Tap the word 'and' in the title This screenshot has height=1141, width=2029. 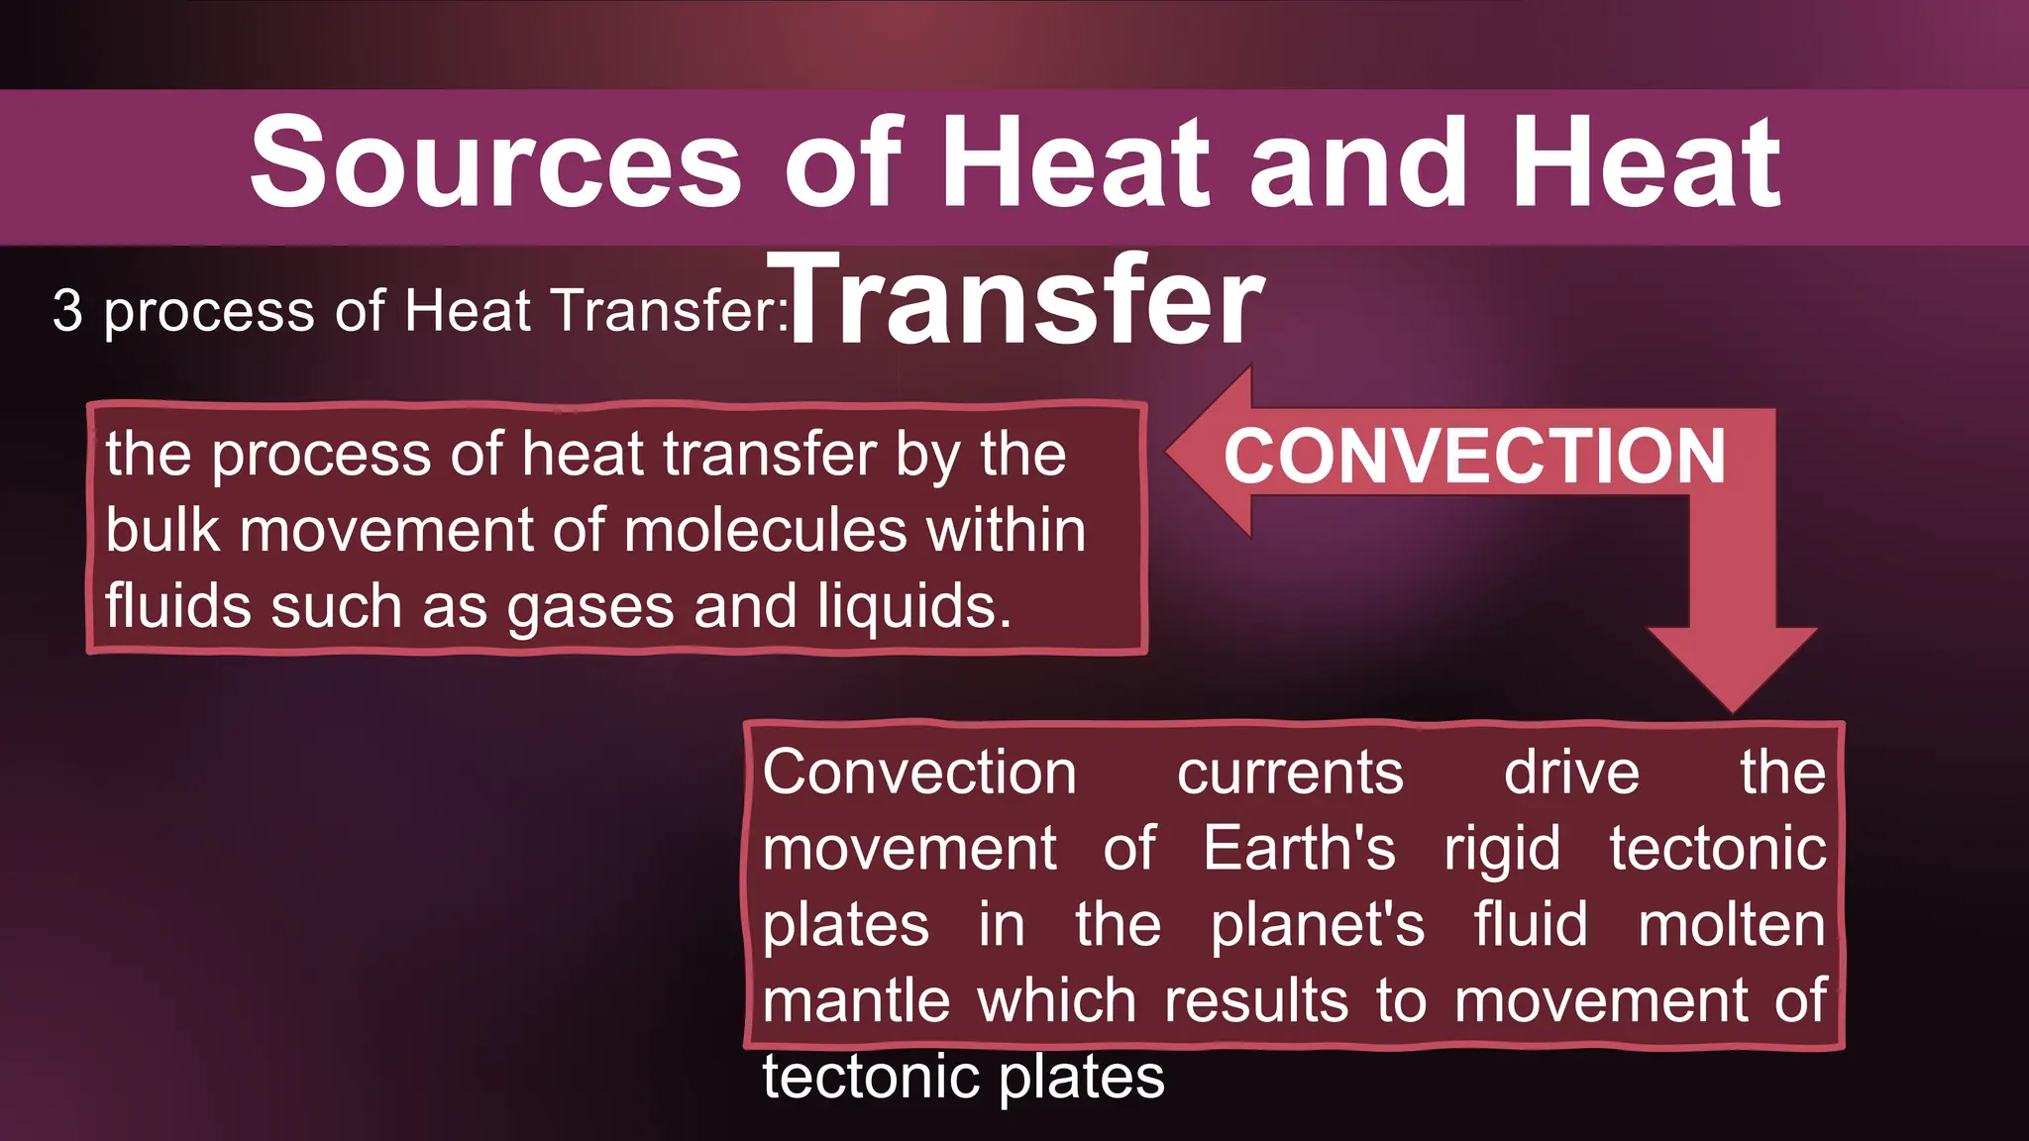click(x=1358, y=163)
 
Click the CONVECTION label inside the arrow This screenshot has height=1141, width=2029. click(x=1474, y=457)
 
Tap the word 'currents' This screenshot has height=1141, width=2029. click(x=1290, y=773)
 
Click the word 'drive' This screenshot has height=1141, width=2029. click(x=1571, y=773)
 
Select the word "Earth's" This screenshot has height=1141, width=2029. click(x=1299, y=849)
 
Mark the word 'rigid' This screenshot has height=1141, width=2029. click(x=1502, y=849)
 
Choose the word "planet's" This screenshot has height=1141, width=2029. click(x=1318, y=925)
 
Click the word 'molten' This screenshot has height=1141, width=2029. click(x=1731, y=925)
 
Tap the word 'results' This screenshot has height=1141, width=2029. click(x=1256, y=1000)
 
